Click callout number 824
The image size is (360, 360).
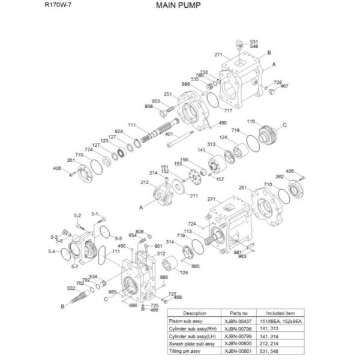click(x=119, y=131)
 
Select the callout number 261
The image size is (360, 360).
click(x=71, y=160)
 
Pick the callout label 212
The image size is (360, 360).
click(x=144, y=182)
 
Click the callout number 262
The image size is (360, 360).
click(x=279, y=176)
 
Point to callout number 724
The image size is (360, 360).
click(x=192, y=224)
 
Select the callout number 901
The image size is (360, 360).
click(x=158, y=246)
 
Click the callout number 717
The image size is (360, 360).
click(x=228, y=110)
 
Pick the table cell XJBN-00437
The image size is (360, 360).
click(x=239, y=322)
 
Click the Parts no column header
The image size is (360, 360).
click(x=239, y=313)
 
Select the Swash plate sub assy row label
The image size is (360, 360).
click(x=194, y=344)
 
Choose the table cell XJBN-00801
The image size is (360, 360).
click(x=239, y=352)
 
